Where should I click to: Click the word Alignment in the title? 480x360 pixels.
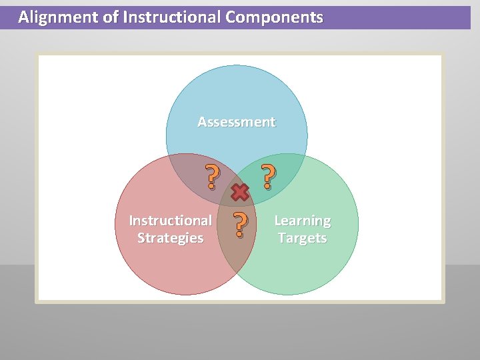58,17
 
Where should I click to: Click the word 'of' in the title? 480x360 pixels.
111,17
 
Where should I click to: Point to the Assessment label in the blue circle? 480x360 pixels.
236,122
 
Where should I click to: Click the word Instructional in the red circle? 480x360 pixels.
170,221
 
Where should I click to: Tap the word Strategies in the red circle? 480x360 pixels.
170,238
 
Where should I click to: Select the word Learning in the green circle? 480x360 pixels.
302,221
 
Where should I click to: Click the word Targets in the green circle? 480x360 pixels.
302,238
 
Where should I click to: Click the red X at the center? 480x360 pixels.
240,193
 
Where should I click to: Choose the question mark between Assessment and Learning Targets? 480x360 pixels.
267,177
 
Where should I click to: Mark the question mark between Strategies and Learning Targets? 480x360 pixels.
241,225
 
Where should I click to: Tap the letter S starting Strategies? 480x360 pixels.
141,238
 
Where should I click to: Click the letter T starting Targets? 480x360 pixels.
282,238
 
